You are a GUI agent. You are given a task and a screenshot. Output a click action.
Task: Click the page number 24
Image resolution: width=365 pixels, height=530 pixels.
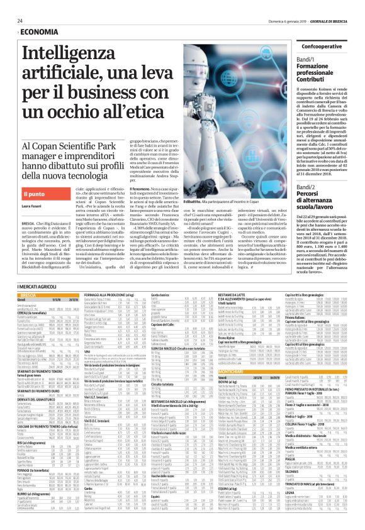tap(20, 20)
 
